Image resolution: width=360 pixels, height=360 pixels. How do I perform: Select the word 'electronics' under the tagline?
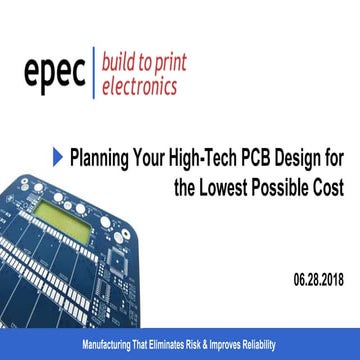139,85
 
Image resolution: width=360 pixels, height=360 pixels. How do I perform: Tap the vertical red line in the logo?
92,72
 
